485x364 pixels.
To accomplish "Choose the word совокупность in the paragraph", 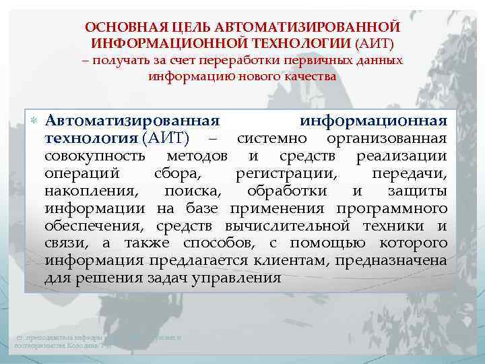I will (95, 156).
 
